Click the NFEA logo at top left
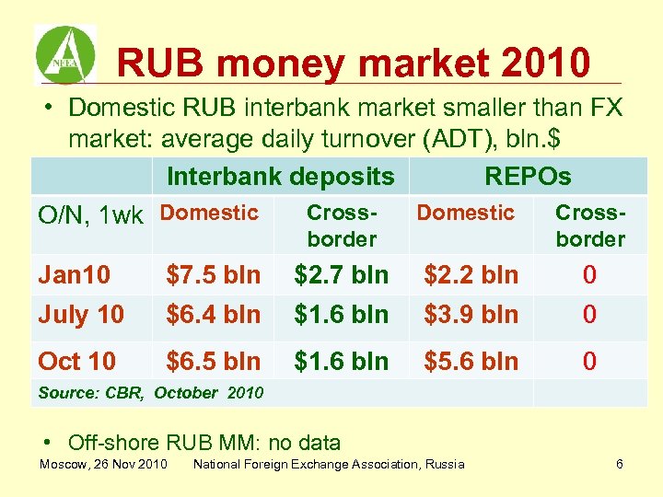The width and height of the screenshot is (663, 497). point(64,54)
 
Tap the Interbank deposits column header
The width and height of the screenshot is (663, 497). point(280,176)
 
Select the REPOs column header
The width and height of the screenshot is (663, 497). point(528,176)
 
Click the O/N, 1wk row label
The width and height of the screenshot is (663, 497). point(89,215)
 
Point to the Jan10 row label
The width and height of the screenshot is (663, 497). point(75,274)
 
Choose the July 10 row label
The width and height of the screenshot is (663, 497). point(81,315)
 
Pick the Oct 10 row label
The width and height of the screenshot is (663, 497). point(77,362)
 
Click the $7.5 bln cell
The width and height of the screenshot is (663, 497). point(213,274)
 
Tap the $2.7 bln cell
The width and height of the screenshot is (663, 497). point(342,274)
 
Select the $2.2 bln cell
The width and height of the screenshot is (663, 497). point(471,274)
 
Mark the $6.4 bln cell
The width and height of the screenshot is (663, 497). point(213,315)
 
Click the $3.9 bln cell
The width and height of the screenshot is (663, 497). point(471,315)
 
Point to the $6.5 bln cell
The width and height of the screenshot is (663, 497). point(213,362)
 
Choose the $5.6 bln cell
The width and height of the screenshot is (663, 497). point(471,362)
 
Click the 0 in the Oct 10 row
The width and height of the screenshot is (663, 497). point(589,362)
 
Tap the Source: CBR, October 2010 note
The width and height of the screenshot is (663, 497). point(150,393)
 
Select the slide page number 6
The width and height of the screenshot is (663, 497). point(620,464)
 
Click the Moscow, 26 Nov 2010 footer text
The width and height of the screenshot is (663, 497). point(103,464)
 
